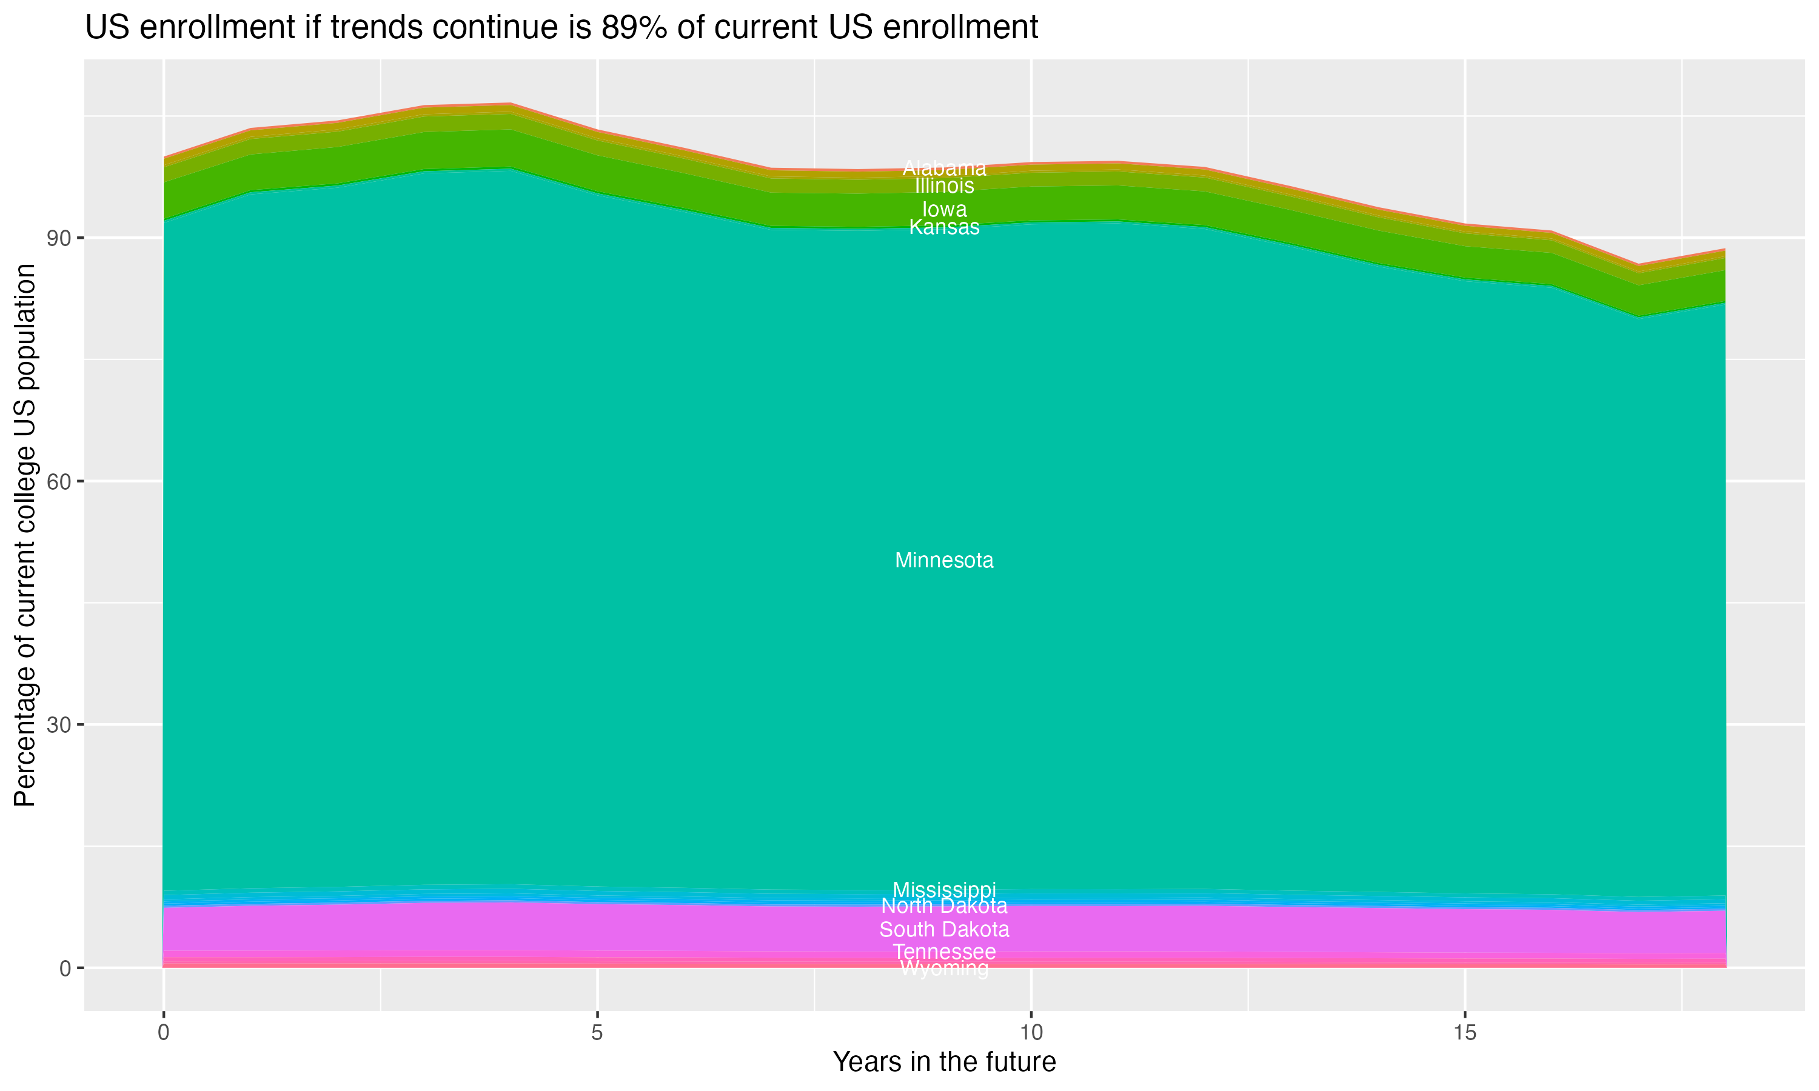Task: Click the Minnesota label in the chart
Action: coord(944,561)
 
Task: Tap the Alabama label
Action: coord(944,168)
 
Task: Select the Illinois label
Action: coord(944,186)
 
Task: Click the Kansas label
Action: coord(944,227)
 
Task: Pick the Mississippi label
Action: coord(944,890)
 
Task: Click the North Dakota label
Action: coord(944,906)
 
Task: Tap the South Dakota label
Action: coord(944,930)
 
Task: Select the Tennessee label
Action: coord(944,952)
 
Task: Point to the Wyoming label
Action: coord(944,969)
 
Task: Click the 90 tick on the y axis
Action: coord(58,238)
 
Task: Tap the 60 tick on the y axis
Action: coord(58,481)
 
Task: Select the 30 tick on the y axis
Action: coord(58,725)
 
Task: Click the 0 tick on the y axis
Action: coord(65,968)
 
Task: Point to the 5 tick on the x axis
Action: coord(597,1033)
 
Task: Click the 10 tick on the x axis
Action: coord(1031,1033)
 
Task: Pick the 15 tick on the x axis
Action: coord(1465,1033)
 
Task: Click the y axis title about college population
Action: coord(25,535)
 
